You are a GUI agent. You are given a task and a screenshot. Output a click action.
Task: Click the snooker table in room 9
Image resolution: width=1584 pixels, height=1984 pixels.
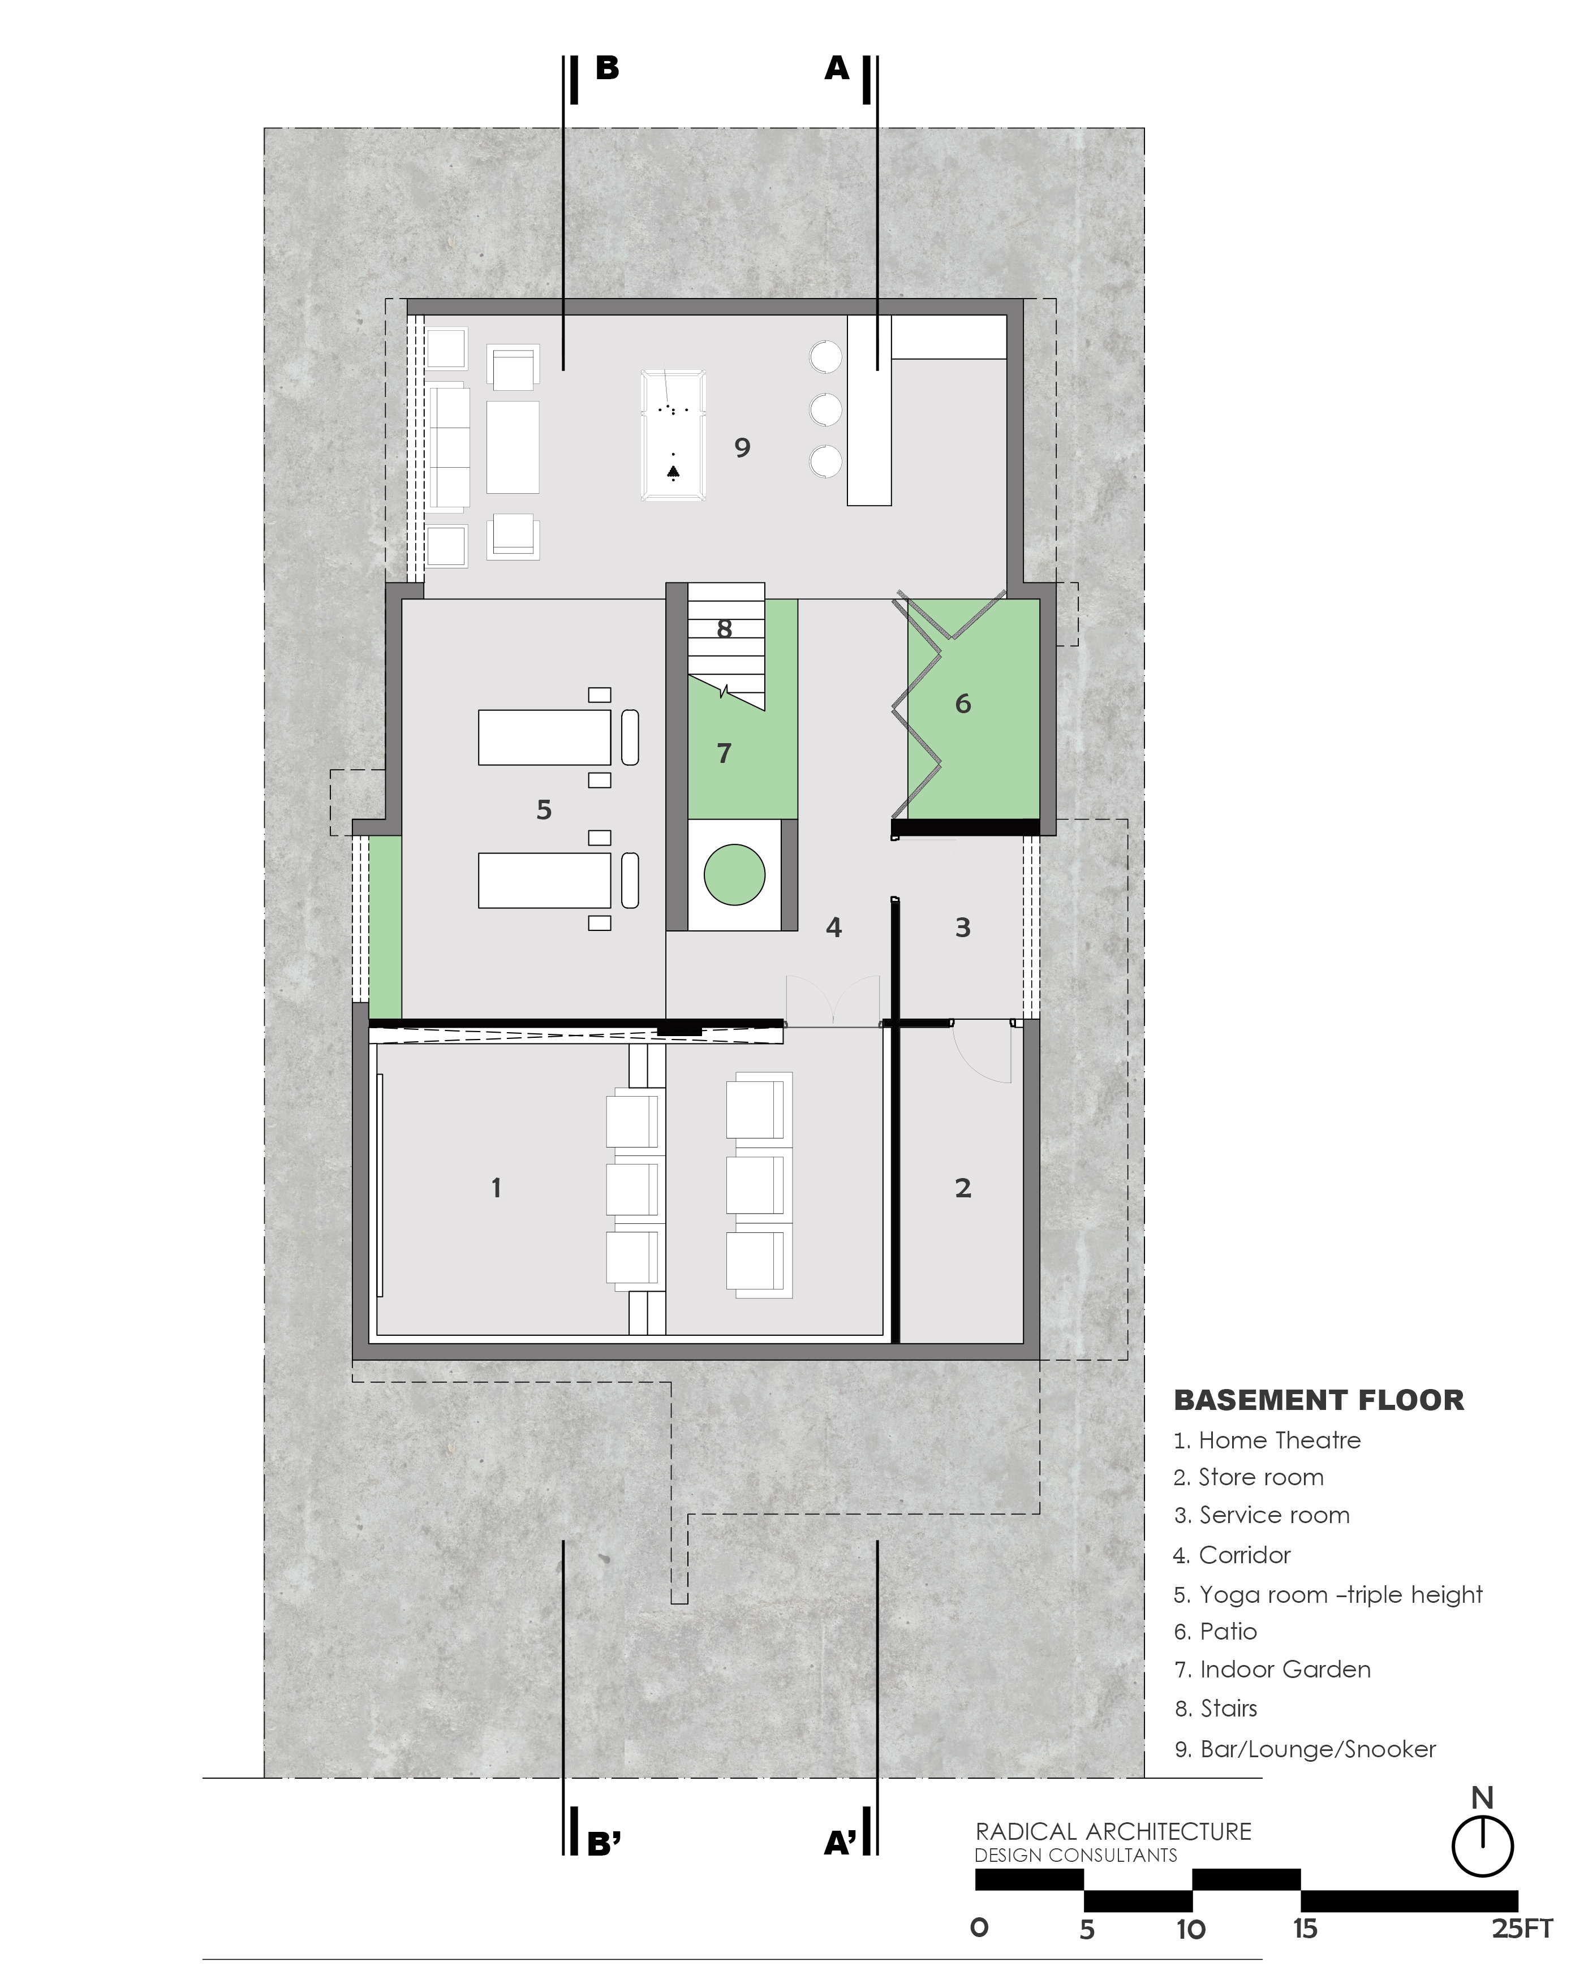pyautogui.click(x=674, y=435)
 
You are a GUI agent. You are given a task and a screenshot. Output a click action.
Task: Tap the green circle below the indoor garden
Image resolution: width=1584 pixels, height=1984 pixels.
pyautogui.click(x=734, y=875)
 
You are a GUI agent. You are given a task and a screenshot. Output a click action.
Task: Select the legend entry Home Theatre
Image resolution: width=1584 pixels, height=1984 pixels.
pyautogui.click(x=1267, y=1440)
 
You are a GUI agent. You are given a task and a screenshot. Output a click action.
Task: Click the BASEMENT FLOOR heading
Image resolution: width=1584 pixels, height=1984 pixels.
pyautogui.click(x=1319, y=1400)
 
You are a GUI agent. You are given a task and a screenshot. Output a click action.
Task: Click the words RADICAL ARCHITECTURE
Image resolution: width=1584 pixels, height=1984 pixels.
pyautogui.click(x=1114, y=1831)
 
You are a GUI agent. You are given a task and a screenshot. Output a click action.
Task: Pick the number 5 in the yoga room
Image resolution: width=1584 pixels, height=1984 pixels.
pyautogui.click(x=544, y=810)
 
